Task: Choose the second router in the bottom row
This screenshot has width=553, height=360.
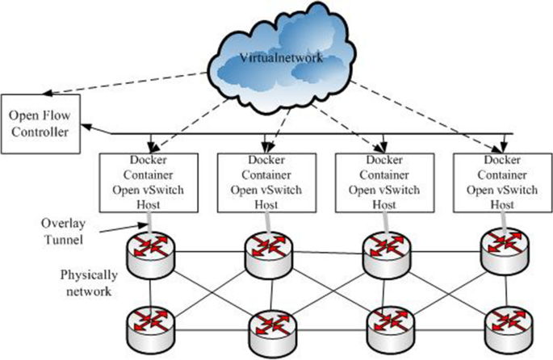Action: coord(268,325)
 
